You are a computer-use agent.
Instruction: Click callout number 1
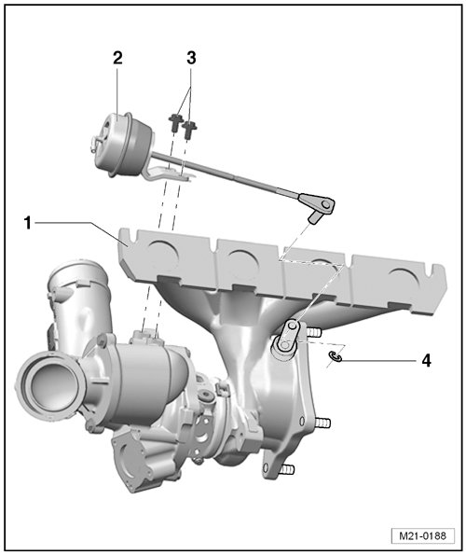pos(28,223)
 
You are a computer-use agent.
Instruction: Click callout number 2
pos(117,58)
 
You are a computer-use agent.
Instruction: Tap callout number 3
pos(191,58)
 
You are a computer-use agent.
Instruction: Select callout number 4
pos(427,361)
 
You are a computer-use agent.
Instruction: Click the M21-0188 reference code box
pos(422,535)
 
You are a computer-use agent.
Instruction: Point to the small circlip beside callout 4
pos(336,357)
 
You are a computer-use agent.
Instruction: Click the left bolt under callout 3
pos(174,122)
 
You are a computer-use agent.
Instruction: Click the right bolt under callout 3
pos(189,130)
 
